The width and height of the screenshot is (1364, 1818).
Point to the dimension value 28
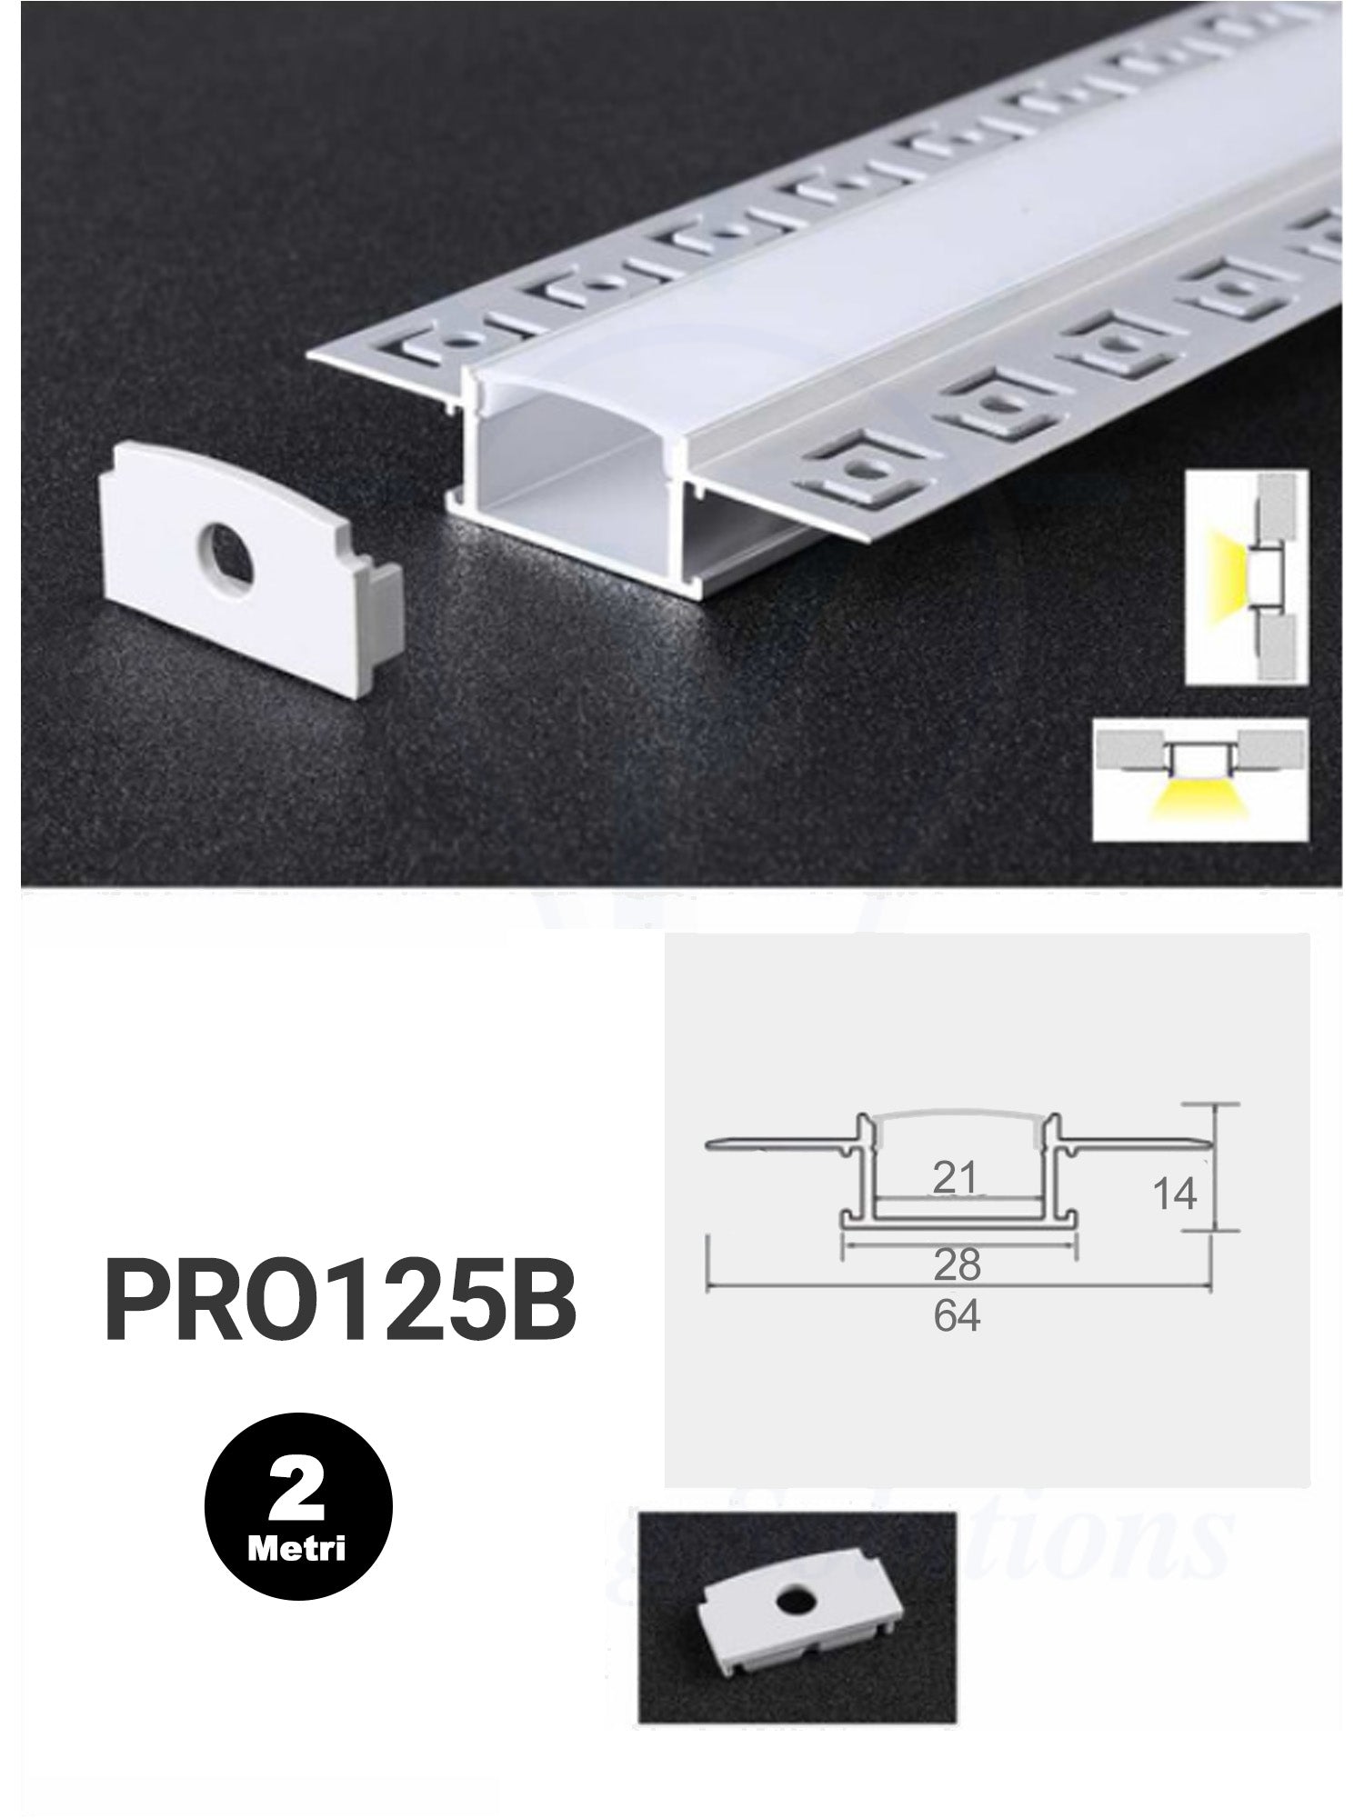coord(958,1264)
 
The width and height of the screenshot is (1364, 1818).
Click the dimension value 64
coord(958,1316)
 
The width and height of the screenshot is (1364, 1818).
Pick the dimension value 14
coord(1175,1194)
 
